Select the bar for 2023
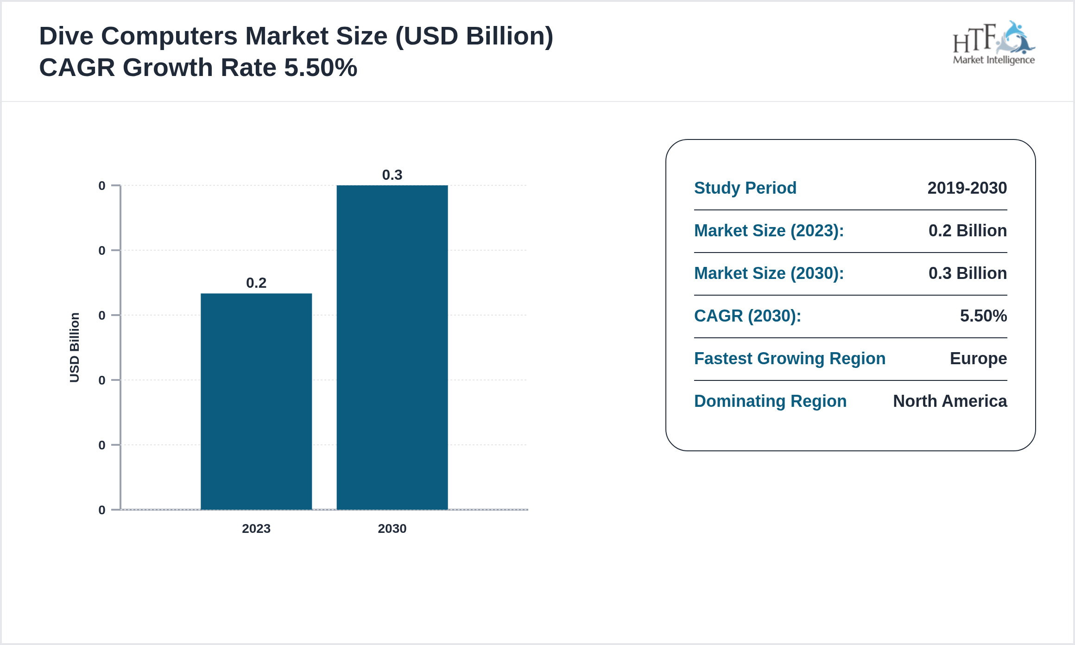click(256, 401)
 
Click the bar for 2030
click(392, 348)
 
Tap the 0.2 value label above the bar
click(256, 283)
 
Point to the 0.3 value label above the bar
click(392, 175)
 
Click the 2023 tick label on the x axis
click(256, 528)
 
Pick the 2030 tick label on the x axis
click(392, 528)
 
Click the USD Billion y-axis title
click(75, 348)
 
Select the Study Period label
click(745, 188)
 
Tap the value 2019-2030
click(967, 188)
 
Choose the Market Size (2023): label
click(769, 230)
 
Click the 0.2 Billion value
click(967, 230)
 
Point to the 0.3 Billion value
click(967, 273)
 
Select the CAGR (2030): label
click(747, 316)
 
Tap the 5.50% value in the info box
click(983, 316)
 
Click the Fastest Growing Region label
click(790, 358)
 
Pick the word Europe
click(978, 358)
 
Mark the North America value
click(950, 401)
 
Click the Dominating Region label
click(770, 401)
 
